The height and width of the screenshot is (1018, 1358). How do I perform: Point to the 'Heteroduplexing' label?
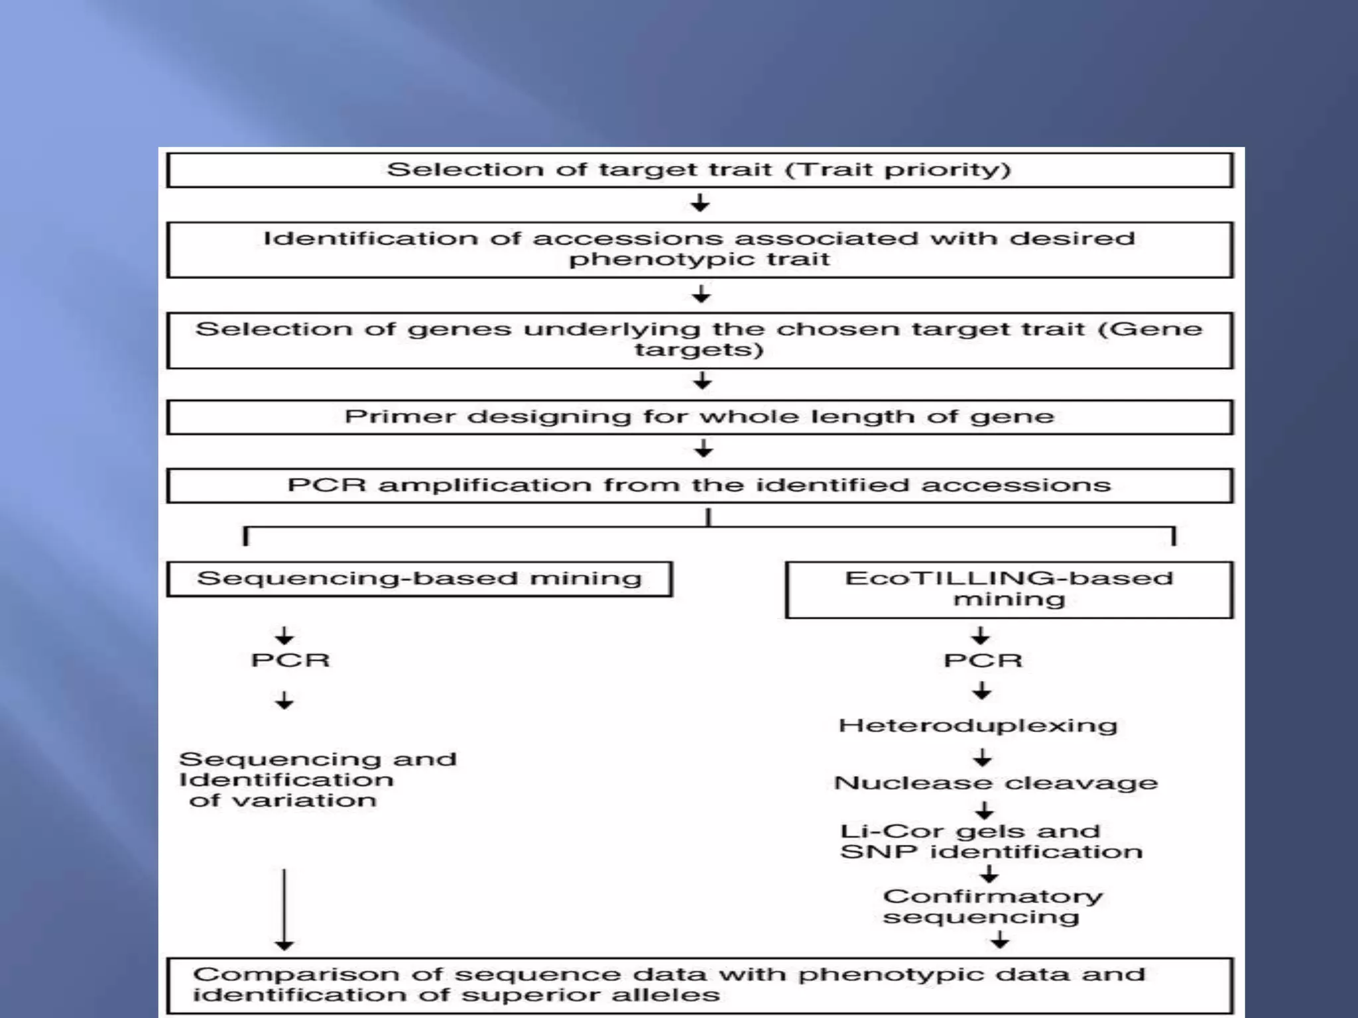pyautogui.click(x=978, y=726)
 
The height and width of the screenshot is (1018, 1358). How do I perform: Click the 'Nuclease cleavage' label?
pyautogui.click(x=996, y=783)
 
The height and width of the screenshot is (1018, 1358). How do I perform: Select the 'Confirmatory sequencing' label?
pyautogui.click(x=993, y=906)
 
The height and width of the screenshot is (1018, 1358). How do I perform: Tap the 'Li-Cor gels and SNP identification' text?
pyautogui.click(x=991, y=841)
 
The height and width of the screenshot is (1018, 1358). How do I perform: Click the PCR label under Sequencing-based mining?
pyautogui.click(x=290, y=660)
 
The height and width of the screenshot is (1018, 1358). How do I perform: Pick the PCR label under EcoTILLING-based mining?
pyautogui.click(x=983, y=660)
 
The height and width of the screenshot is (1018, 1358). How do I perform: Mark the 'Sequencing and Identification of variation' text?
pyautogui.click(x=318, y=779)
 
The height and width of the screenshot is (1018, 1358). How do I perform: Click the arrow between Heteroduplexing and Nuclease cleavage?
pyautogui.click(x=983, y=758)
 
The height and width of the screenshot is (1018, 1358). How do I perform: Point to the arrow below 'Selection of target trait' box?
pyautogui.click(x=700, y=203)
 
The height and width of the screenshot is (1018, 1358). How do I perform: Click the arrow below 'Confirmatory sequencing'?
pyautogui.click(x=1000, y=940)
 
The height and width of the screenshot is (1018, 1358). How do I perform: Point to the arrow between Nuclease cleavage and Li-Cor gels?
pyautogui.click(x=985, y=811)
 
